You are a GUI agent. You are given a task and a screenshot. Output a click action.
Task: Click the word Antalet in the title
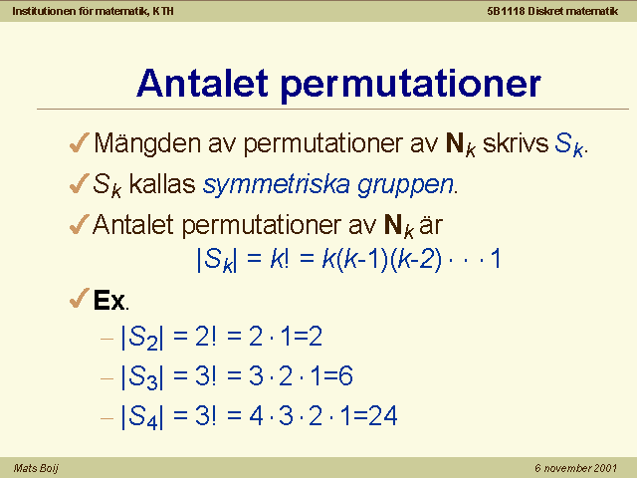click(x=203, y=83)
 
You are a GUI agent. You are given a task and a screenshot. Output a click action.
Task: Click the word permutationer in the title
click(x=411, y=85)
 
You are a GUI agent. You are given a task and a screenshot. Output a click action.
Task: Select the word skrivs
click(x=516, y=143)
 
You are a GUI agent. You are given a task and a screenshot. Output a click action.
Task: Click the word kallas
click(x=162, y=183)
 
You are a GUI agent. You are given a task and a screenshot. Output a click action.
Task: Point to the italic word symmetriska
click(x=277, y=185)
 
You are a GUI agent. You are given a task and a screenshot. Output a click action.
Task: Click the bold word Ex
click(x=108, y=300)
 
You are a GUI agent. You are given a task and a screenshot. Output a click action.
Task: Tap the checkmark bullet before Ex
click(x=80, y=299)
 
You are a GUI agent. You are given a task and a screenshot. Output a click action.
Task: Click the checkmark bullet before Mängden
click(x=80, y=142)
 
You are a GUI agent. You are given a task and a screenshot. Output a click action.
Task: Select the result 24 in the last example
click(x=382, y=416)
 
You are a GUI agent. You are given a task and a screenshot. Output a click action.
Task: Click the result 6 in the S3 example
click(x=345, y=376)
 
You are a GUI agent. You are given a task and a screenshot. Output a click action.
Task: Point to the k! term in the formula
click(x=280, y=258)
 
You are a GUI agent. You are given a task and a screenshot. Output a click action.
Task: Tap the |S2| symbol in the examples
click(x=142, y=338)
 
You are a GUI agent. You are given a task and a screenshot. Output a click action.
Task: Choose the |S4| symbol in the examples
click(x=142, y=416)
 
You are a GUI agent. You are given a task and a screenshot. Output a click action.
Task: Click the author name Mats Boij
click(x=36, y=468)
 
